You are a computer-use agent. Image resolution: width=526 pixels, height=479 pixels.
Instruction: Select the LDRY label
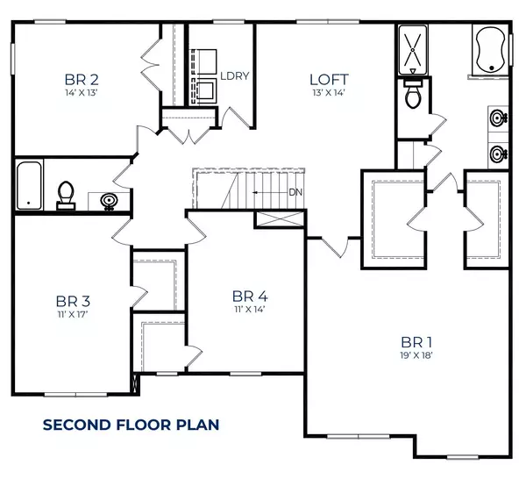pyautogui.click(x=235, y=76)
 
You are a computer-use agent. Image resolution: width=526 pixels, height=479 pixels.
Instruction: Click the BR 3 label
pyautogui.click(x=69, y=298)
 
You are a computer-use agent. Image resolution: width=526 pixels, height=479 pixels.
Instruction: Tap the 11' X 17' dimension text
pyautogui.click(x=69, y=312)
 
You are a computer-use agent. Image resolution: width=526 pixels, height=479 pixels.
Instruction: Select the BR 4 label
pyautogui.click(x=249, y=296)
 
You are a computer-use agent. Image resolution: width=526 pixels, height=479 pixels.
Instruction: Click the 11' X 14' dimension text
pyautogui.click(x=249, y=309)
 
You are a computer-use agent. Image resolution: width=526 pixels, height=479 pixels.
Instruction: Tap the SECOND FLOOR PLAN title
pyautogui.click(x=131, y=425)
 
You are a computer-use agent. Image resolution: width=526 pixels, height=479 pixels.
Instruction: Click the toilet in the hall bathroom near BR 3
pyautogui.click(x=66, y=195)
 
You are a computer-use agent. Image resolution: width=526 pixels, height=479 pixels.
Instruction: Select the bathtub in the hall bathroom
pyautogui.click(x=30, y=184)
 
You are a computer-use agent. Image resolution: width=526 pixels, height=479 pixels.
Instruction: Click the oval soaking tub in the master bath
pyautogui.click(x=490, y=49)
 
